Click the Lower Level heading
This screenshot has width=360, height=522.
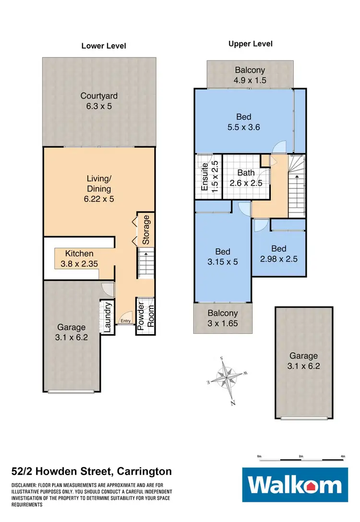[x=104, y=46]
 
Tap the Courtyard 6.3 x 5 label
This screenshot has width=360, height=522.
[x=99, y=101]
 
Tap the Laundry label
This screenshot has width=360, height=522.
[x=108, y=317]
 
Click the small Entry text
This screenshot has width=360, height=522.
[x=125, y=321]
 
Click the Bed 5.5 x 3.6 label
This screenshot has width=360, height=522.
[x=244, y=122]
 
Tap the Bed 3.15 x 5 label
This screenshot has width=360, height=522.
[x=222, y=257]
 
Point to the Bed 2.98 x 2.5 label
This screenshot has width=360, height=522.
[x=278, y=254]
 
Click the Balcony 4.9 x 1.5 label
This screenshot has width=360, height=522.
[x=250, y=75]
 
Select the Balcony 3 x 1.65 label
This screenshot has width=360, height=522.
[x=222, y=318]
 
